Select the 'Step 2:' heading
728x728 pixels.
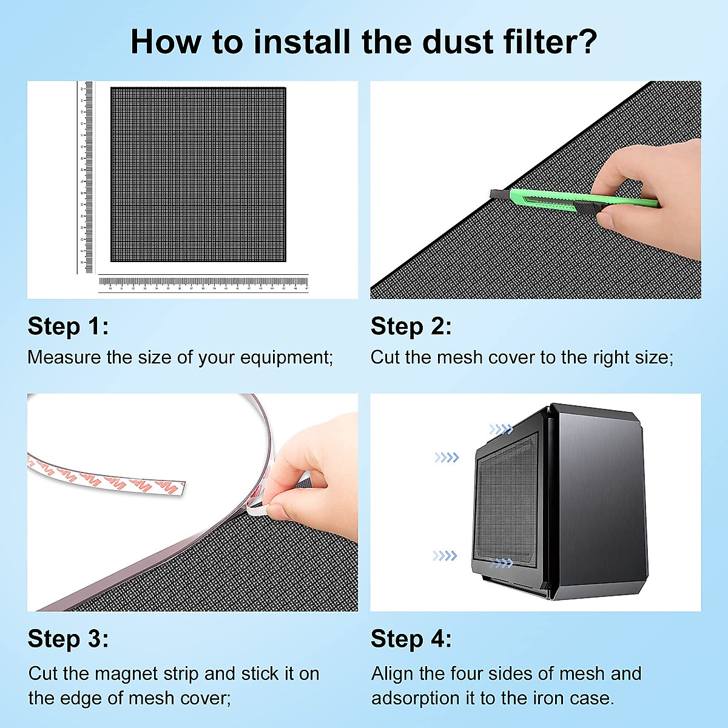[x=411, y=326]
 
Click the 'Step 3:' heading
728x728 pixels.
[x=68, y=639]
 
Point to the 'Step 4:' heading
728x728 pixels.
[x=411, y=639]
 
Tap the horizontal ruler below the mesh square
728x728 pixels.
[x=203, y=282]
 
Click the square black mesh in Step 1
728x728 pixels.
[x=198, y=175]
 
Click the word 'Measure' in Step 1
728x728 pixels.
[x=64, y=357]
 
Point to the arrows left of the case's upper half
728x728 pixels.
[x=447, y=457]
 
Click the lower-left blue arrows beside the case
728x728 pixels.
[x=444, y=556]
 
